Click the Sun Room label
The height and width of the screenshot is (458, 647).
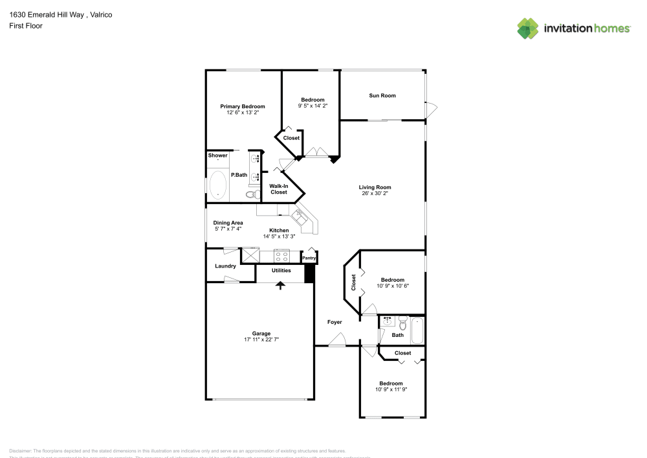click(382, 96)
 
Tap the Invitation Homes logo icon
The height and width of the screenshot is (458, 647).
click(528, 28)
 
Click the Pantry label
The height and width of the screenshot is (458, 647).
click(309, 258)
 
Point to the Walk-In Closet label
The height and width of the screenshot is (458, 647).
click(279, 189)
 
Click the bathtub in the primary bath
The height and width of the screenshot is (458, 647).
click(218, 185)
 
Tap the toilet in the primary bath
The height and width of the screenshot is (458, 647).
click(252, 194)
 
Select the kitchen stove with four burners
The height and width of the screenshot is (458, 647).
click(281, 255)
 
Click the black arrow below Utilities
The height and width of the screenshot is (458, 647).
click(281, 284)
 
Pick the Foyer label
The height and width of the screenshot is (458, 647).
click(334, 322)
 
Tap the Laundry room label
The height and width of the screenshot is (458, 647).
click(225, 266)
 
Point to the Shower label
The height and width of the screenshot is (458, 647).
click(217, 155)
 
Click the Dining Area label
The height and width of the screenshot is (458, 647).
click(228, 223)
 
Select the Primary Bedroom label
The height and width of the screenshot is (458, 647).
click(243, 106)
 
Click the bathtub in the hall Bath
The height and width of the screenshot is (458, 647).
click(417, 330)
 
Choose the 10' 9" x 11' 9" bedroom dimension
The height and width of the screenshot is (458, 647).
click(391, 389)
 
